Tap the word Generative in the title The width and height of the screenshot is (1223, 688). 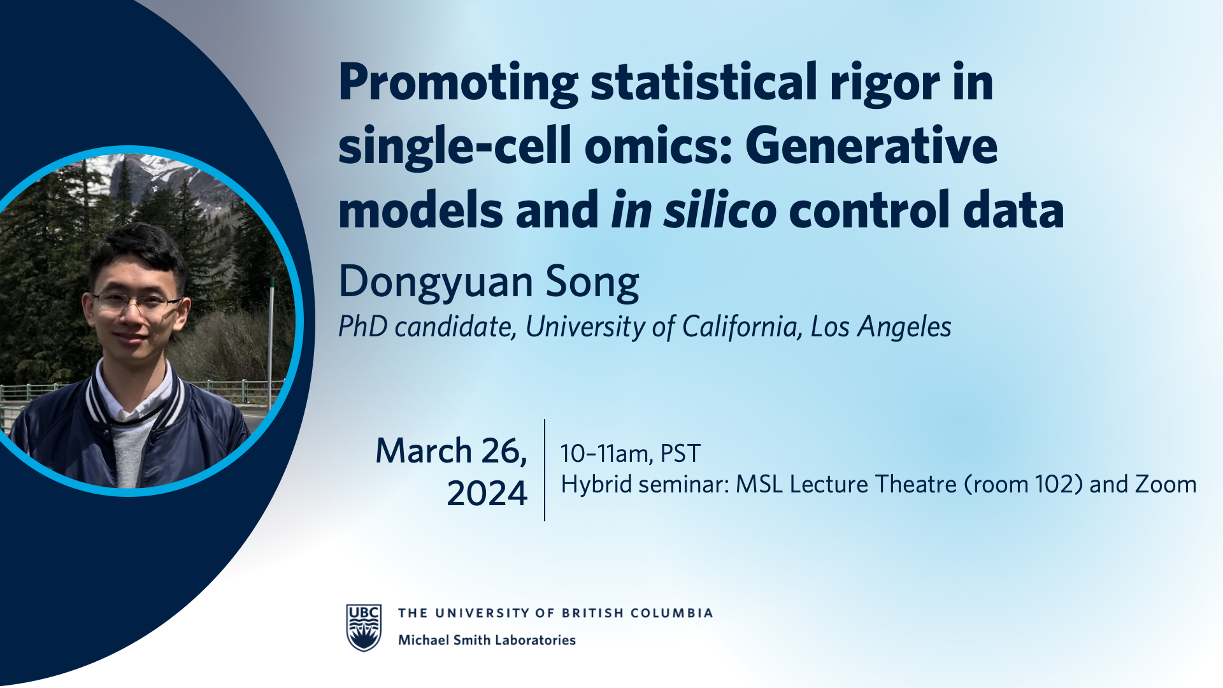pyautogui.click(x=871, y=146)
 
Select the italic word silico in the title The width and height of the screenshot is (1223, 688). pyautogui.click(x=720, y=210)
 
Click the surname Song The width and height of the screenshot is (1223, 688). pyautogui.click(x=592, y=282)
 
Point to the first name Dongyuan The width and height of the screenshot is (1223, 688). pyautogui.click(x=436, y=282)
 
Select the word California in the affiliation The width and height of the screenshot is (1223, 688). pyautogui.click(x=740, y=327)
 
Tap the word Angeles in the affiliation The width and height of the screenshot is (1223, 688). pyautogui.click(x=905, y=327)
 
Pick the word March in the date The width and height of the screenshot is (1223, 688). pyautogui.click(x=424, y=451)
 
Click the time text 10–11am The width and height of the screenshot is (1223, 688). pyautogui.click(x=606, y=454)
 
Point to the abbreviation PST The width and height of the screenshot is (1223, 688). pyautogui.click(x=680, y=454)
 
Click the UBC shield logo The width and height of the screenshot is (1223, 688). pyautogui.click(x=364, y=627)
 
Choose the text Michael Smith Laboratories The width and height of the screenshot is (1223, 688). pyautogui.click(x=487, y=640)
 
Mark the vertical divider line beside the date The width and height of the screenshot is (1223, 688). pyautogui.click(x=545, y=470)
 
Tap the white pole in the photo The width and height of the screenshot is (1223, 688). pyautogui.click(x=271, y=344)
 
